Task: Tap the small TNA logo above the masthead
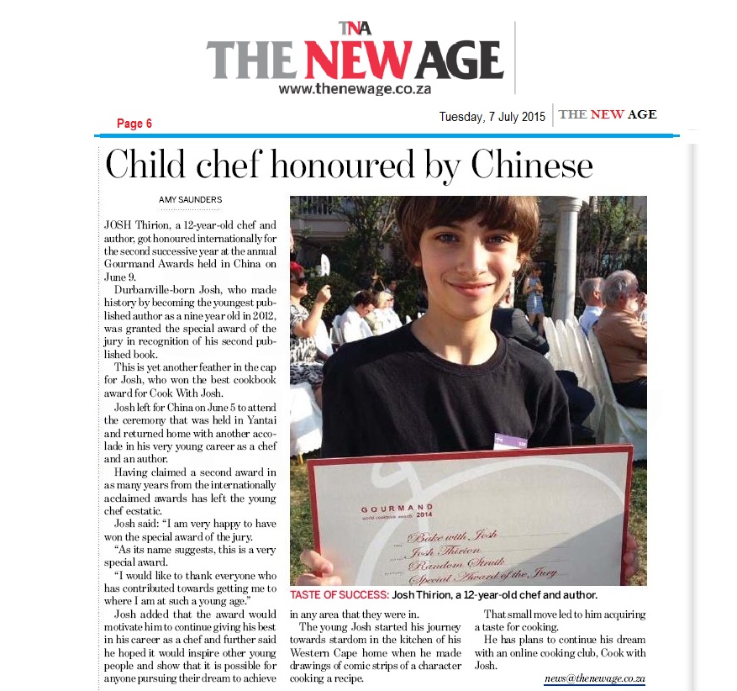355,29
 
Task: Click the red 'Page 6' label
134,124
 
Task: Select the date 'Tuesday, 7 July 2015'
492,117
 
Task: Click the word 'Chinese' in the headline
531,166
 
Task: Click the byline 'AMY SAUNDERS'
190,199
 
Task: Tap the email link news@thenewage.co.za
594,677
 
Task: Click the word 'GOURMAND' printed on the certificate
397,509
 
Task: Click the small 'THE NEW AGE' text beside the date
608,115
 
